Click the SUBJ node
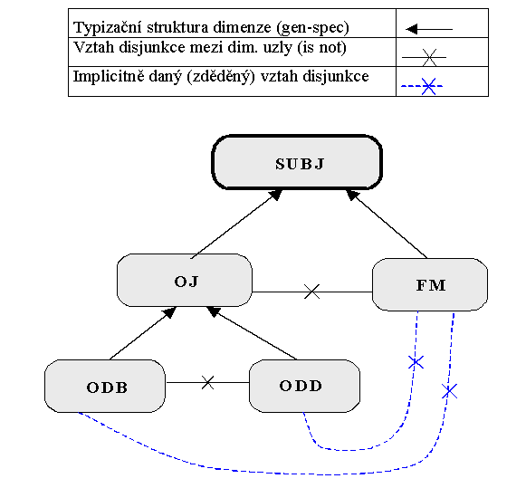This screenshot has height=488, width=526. (x=297, y=162)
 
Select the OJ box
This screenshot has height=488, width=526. (x=185, y=280)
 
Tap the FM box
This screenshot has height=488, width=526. (x=430, y=284)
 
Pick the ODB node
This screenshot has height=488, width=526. (x=105, y=386)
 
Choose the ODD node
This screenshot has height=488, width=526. (x=304, y=386)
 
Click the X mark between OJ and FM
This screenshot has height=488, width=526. (x=312, y=292)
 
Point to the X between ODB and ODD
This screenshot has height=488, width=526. (x=207, y=382)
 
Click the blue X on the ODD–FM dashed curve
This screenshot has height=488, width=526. (x=416, y=362)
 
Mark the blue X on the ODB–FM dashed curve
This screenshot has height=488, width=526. (x=450, y=391)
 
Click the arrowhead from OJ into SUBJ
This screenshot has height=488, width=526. (x=276, y=195)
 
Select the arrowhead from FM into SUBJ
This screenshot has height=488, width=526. (x=352, y=195)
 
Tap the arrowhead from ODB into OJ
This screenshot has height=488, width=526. (x=169, y=312)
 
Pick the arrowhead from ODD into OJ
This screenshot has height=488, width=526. (x=214, y=311)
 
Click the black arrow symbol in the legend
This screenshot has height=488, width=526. (x=429, y=29)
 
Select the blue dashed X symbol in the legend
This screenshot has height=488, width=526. (x=422, y=86)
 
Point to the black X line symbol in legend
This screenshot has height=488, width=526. (x=425, y=57)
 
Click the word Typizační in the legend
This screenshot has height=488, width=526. (x=108, y=27)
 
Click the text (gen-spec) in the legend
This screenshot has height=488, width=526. (x=312, y=28)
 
